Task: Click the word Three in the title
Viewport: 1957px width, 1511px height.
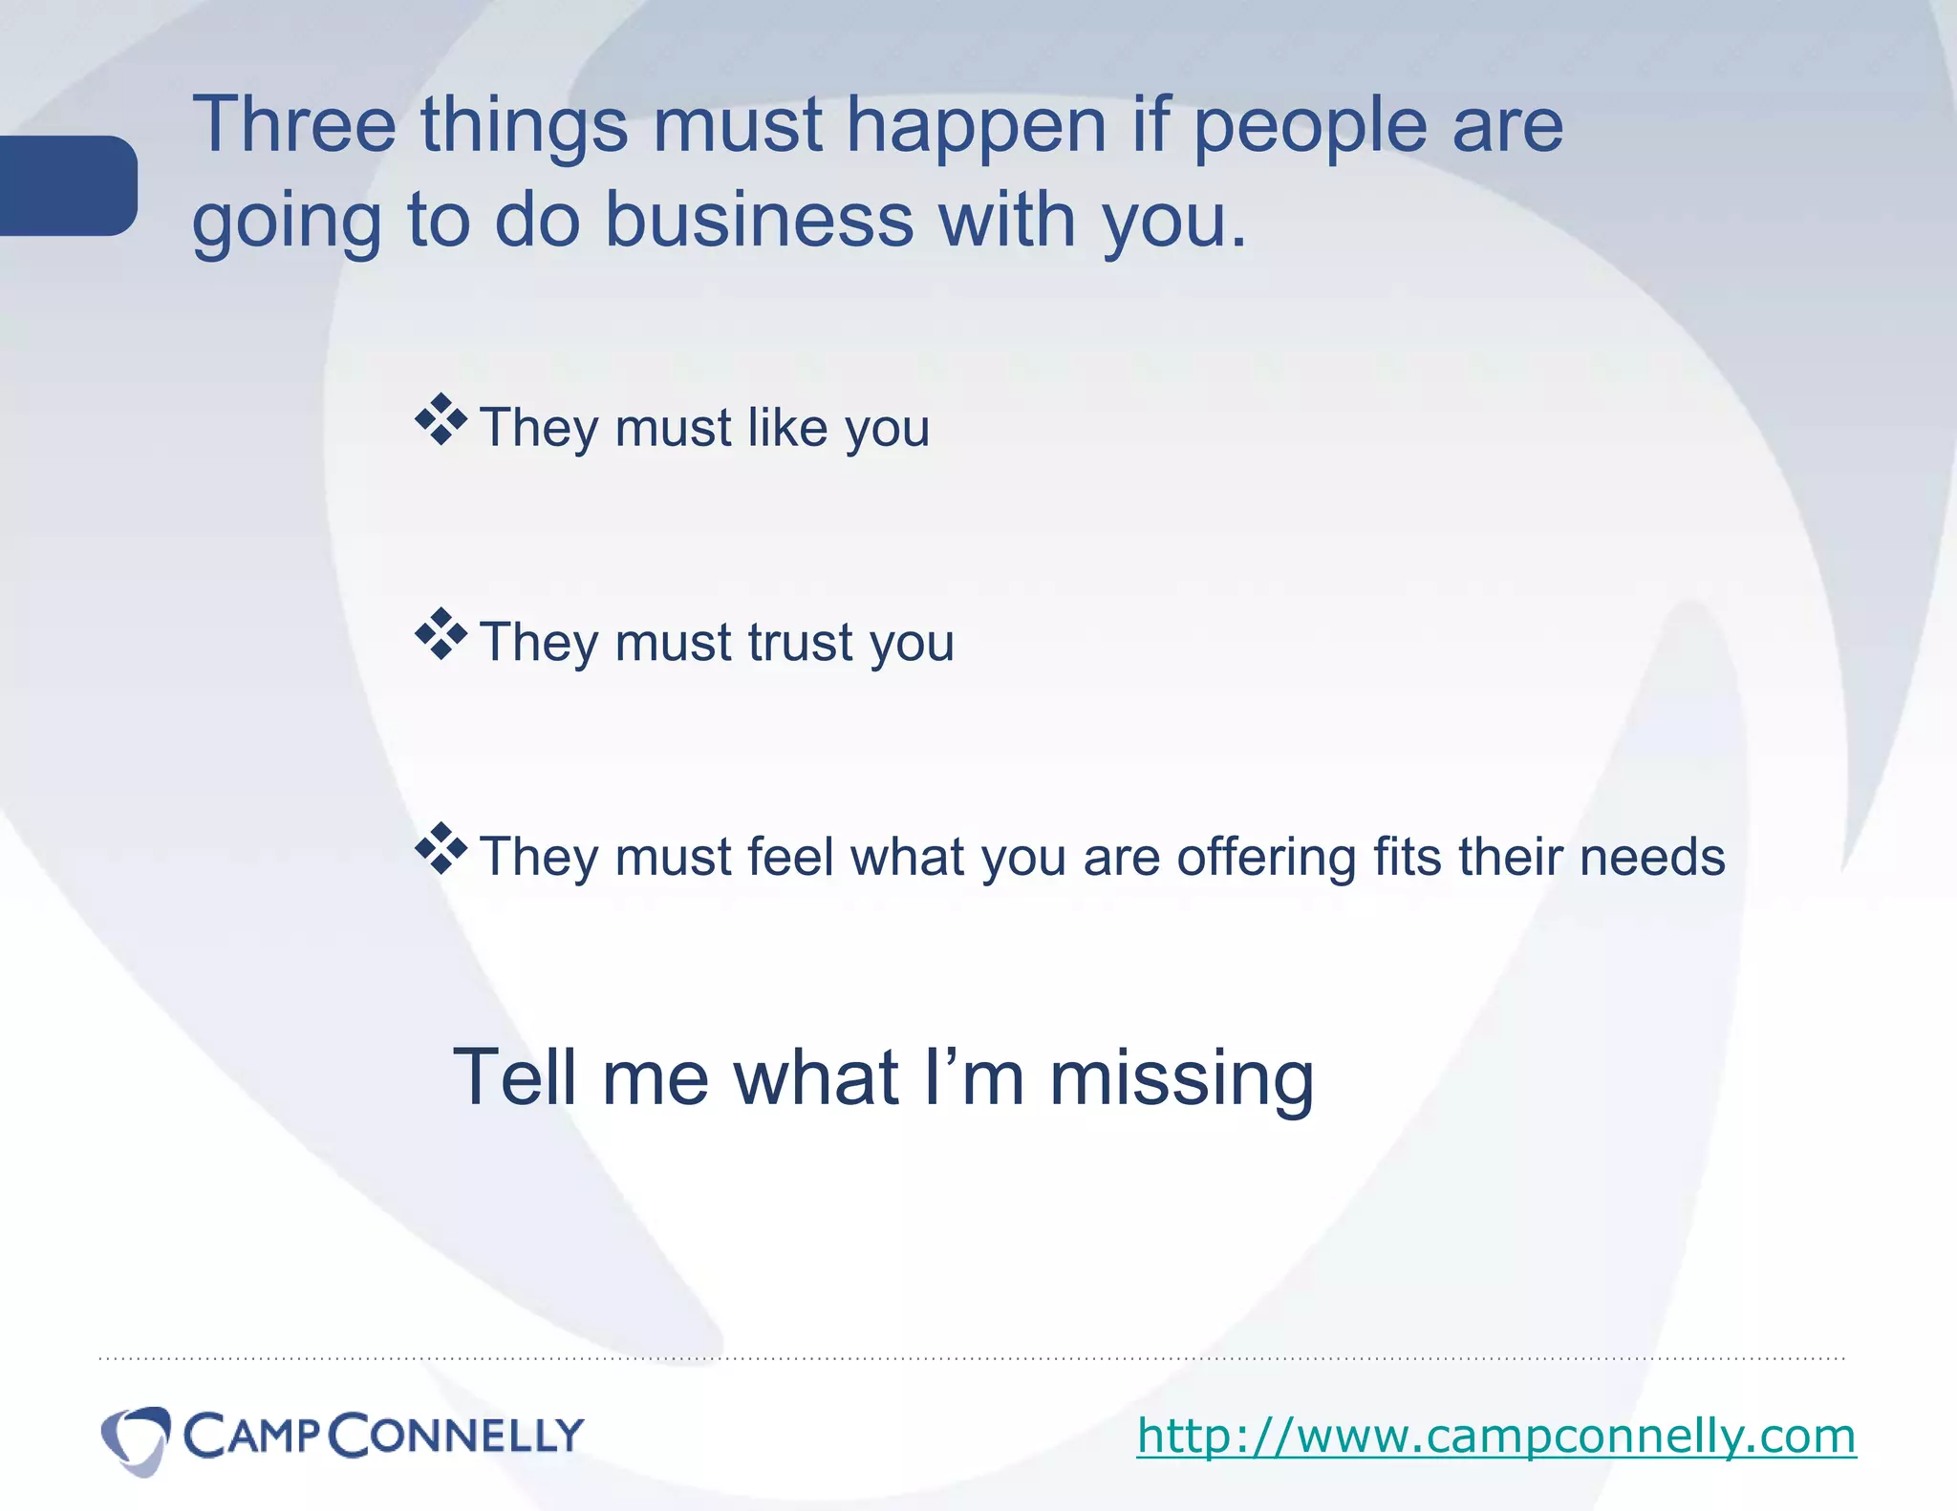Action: pyautogui.click(x=294, y=124)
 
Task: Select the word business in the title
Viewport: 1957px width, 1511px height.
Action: pyautogui.click(x=760, y=220)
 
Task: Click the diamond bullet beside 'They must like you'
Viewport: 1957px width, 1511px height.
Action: pyautogui.click(x=441, y=420)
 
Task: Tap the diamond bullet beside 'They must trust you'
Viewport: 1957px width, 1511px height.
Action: pyautogui.click(x=441, y=634)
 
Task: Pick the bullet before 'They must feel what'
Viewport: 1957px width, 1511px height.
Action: pyautogui.click(x=441, y=849)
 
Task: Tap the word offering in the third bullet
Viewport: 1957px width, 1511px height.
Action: pyautogui.click(x=1266, y=857)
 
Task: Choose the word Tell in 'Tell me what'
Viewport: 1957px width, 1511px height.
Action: pyautogui.click(x=516, y=1076)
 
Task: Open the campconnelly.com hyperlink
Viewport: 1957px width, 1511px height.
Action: pyautogui.click(x=1495, y=1436)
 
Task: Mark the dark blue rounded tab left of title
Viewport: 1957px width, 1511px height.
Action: pyautogui.click(x=67, y=185)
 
